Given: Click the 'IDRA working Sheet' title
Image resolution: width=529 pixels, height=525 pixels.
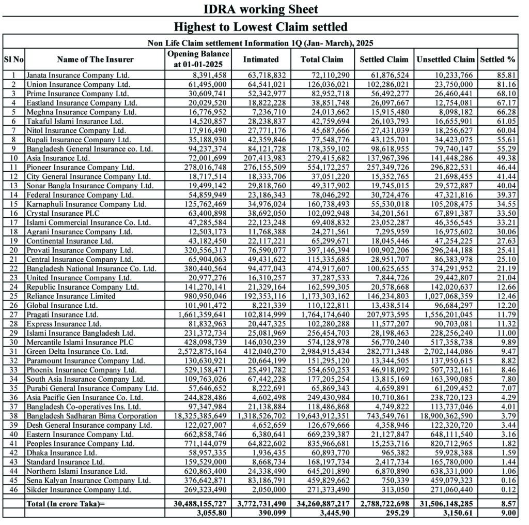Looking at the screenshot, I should pyautogui.click(x=260, y=9).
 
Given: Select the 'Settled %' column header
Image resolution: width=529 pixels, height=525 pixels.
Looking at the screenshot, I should pyautogui.click(x=498, y=59).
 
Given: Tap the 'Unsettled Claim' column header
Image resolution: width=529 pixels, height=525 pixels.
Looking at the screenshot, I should pyautogui.click(x=445, y=59).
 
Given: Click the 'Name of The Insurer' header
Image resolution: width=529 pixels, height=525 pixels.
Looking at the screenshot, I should pyautogui.click(x=95, y=59).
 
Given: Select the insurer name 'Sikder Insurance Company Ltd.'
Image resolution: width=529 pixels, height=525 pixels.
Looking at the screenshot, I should pyautogui.click(x=79, y=489).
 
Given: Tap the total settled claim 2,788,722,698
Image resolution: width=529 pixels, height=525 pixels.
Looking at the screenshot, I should pyautogui.click(x=383, y=504).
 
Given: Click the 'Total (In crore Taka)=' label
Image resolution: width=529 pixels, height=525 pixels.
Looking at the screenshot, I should pyautogui.click(x=66, y=504).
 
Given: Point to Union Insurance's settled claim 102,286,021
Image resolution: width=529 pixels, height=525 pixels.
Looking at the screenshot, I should pyautogui.click(x=384, y=84).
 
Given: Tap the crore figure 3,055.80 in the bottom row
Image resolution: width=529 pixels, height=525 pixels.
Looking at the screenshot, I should pyautogui.click(x=212, y=513).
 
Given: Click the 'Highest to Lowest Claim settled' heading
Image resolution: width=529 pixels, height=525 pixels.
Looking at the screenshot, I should pyautogui.click(x=260, y=26).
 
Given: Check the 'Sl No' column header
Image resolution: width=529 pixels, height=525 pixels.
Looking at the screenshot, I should pyautogui.click(x=13, y=59).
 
